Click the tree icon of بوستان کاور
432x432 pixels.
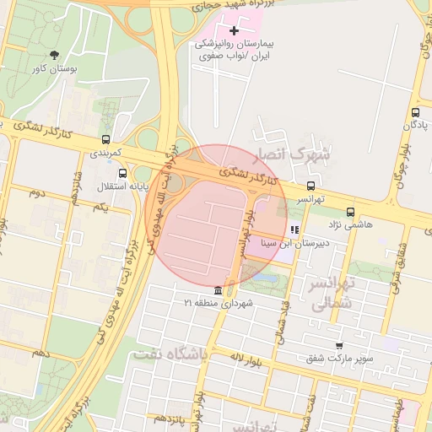click(55, 55)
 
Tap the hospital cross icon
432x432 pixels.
click(235, 30)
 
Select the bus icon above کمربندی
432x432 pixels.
click(105, 139)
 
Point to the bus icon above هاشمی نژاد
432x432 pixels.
click(350, 212)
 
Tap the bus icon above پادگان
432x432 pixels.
click(415, 112)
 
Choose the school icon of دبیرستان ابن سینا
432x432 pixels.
click(294, 229)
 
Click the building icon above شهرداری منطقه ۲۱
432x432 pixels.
click(219, 289)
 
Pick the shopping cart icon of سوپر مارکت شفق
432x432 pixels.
click(339, 345)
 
